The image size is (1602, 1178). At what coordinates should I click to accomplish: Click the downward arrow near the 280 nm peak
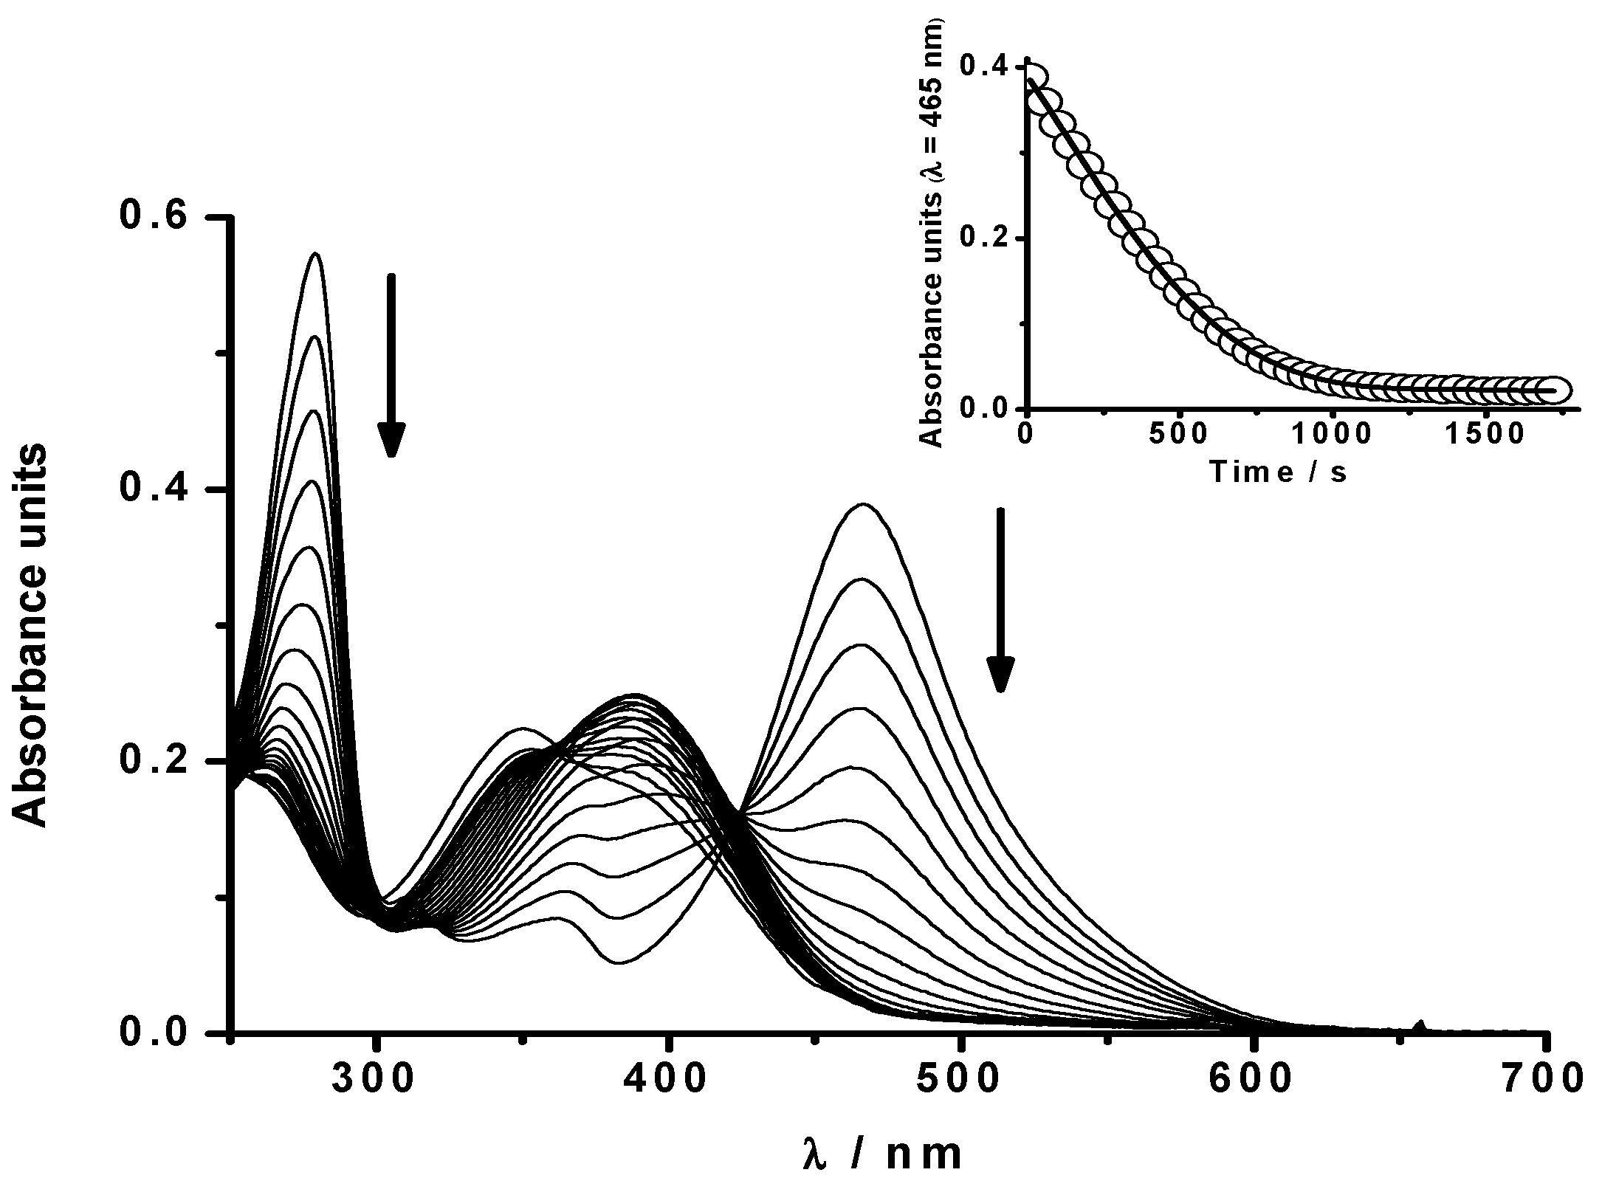[x=392, y=365]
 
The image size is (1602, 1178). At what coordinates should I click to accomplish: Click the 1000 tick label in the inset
[x=1333, y=435]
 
